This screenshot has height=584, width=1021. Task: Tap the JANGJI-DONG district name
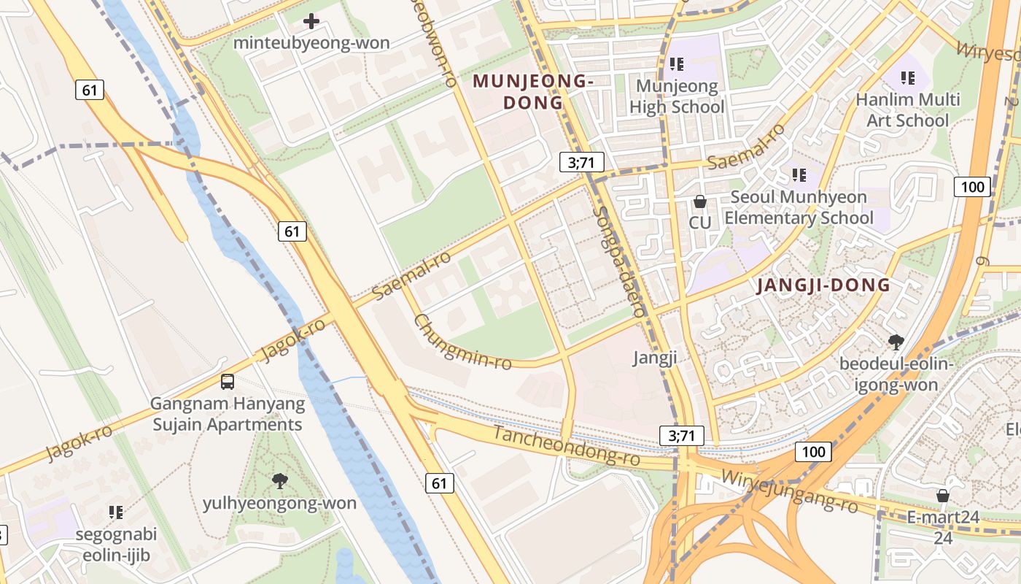point(823,285)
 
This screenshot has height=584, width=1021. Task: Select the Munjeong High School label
point(677,96)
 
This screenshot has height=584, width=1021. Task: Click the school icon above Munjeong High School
point(676,64)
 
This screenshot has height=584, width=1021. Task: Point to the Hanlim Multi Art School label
point(908,109)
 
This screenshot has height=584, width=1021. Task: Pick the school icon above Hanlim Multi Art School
point(908,77)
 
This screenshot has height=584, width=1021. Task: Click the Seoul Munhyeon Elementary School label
point(799,207)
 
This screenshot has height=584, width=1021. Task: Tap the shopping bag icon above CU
point(700,201)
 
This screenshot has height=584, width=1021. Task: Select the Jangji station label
point(655,358)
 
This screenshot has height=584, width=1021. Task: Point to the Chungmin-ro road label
point(462,342)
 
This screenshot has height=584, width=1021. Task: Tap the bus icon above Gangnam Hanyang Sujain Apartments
point(228,381)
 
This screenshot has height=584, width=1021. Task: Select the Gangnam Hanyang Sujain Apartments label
point(227,414)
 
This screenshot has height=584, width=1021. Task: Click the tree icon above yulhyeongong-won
point(279,480)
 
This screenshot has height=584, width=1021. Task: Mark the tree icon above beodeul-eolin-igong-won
point(896,341)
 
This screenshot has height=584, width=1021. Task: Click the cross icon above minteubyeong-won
point(311,21)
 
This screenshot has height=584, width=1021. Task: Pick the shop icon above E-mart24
point(943,496)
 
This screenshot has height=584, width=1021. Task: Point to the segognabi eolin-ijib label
point(116,545)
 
